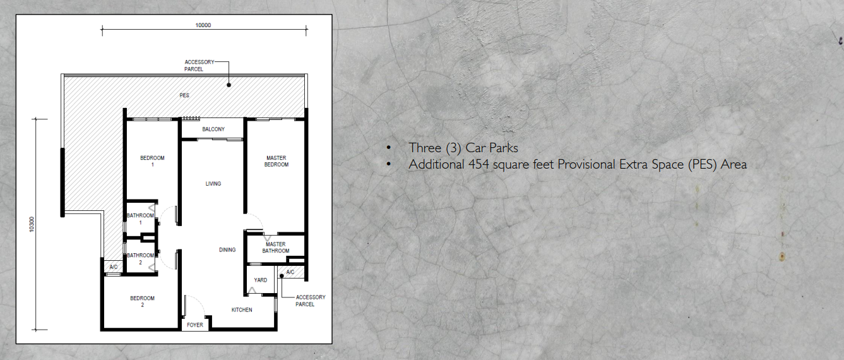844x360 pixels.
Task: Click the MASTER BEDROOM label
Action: (x=276, y=161)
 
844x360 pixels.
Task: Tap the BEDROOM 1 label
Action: (x=152, y=161)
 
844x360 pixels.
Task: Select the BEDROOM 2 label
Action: (x=142, y=301)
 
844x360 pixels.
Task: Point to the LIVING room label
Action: (x=213, y=184)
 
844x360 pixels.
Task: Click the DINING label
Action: (x=227, y=249)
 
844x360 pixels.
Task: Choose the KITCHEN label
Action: (x=242, y=309)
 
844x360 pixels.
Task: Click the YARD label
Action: (x=260, y=280)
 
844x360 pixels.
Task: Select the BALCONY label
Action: (x=213, y=129)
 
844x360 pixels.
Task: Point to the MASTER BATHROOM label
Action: (x=276, y=248)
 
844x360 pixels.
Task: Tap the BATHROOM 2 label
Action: (x=140, y=259)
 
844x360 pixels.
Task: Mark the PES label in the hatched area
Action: (x=184, y=95)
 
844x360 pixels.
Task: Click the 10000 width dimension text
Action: (x=203, y=25)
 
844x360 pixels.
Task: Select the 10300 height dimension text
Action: (x=32, y=224)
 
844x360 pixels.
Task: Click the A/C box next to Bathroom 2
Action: (x=114, y=267)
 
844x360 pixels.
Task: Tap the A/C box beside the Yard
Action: (x=290, y=272)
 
